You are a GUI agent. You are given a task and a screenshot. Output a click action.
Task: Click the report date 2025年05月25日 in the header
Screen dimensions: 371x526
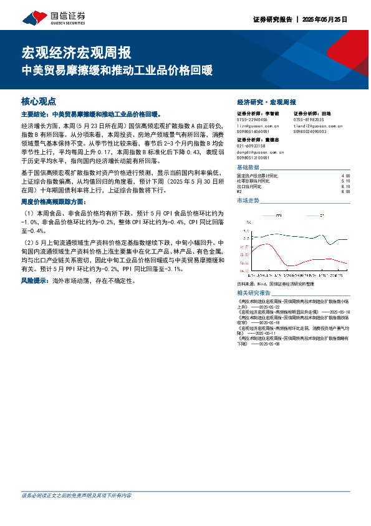tap(324, 19)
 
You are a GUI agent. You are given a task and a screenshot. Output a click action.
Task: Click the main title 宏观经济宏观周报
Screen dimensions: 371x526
tap(76, 52)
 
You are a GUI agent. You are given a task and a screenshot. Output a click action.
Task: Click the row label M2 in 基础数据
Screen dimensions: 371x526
tap(240, 191)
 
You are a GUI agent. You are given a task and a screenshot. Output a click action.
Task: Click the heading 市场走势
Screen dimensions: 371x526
tap(248, 201)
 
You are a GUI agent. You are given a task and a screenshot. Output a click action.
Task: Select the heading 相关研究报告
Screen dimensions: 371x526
tap(254, 293)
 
